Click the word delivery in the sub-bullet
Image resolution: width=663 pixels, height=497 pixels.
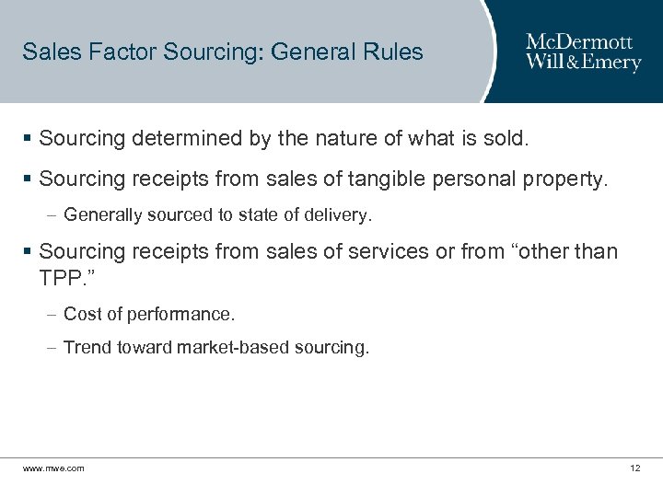(x=337, y=216)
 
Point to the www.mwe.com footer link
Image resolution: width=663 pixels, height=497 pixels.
(x=53, y=468)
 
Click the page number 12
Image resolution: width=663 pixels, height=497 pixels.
(x=634, y=468)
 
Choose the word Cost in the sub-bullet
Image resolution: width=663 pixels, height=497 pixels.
(x=82, y=315)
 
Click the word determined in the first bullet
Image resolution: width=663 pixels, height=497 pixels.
(x=179, y=141)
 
